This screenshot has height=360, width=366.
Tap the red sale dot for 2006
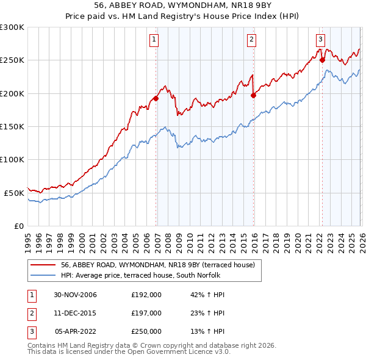156,98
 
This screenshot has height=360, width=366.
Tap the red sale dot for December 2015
254,95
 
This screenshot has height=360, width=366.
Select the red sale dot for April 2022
322,60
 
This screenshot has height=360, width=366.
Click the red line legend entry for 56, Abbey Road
161,265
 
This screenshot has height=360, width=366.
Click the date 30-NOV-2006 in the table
75,295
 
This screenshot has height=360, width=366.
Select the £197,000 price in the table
146,313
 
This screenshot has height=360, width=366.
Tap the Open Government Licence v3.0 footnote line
129,352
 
